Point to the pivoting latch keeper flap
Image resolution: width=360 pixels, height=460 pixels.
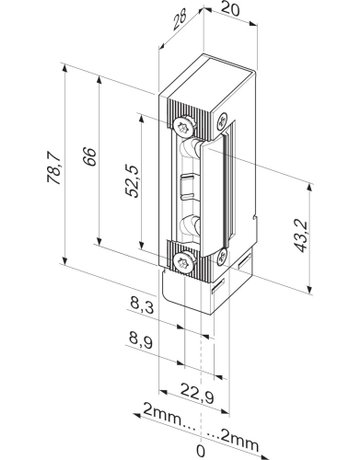click(221, 190)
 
